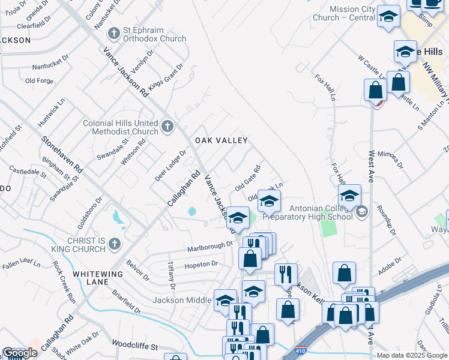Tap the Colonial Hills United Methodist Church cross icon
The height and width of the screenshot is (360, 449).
[x=167, y=127]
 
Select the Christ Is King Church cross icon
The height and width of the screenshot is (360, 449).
[x=114, y=244]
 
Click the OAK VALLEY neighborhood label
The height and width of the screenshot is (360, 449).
[x=221, y=140]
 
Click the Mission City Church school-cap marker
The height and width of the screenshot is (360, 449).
[x=388, y=17]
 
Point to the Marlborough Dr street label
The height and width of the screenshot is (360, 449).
[x=209, y=246]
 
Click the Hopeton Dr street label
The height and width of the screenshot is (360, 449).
[x=200, y=264]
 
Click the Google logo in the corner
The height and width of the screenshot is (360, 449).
[x=20, y=353]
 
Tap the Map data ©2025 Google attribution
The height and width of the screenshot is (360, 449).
[x=412, y=355]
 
